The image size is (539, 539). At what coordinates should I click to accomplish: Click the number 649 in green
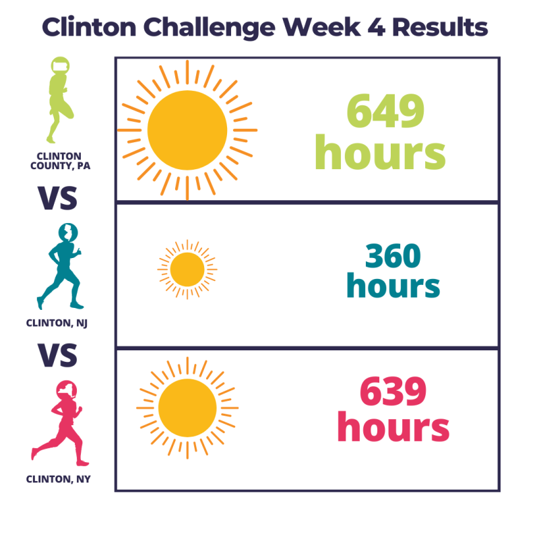(385, 110)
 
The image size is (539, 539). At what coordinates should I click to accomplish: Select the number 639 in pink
(393, 391)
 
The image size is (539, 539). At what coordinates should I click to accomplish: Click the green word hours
(380, 152)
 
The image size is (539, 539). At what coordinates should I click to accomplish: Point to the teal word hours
(393, 285)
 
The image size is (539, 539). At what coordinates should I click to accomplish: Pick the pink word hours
(393, 426)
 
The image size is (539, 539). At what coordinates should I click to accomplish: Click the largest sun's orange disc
(187, 130)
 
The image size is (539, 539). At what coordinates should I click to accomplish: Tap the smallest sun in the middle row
(187, 269)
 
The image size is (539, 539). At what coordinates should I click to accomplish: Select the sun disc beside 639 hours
(187, 408)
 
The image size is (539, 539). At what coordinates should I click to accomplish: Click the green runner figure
(61, 100)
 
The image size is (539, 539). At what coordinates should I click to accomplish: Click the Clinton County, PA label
(60, 161)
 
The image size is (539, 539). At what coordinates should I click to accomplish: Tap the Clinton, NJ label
(57, 323)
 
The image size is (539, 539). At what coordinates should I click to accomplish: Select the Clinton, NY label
(58, 479)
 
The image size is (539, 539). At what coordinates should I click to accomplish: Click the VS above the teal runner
(57, 198)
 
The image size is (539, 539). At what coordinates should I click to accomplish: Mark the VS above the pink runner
(57, 355)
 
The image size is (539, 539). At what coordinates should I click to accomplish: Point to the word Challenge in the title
(210, 28)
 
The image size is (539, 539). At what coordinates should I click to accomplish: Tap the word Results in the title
(440, 27)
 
